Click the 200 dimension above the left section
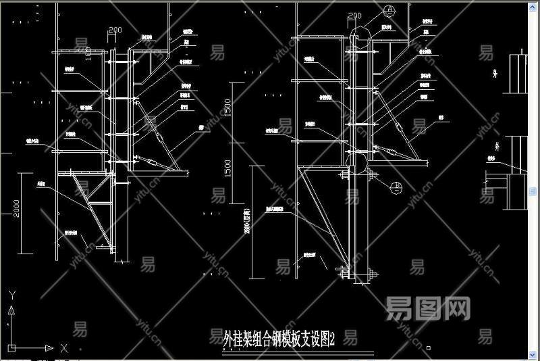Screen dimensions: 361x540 click(x=115, y=30)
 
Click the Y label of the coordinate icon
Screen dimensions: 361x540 click(x=11, y=295)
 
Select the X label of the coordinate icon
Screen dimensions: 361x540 click(x=63, y=348)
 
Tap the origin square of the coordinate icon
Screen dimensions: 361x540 click(x=11, y=347)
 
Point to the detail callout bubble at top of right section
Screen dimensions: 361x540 click(x=389, y=9)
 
